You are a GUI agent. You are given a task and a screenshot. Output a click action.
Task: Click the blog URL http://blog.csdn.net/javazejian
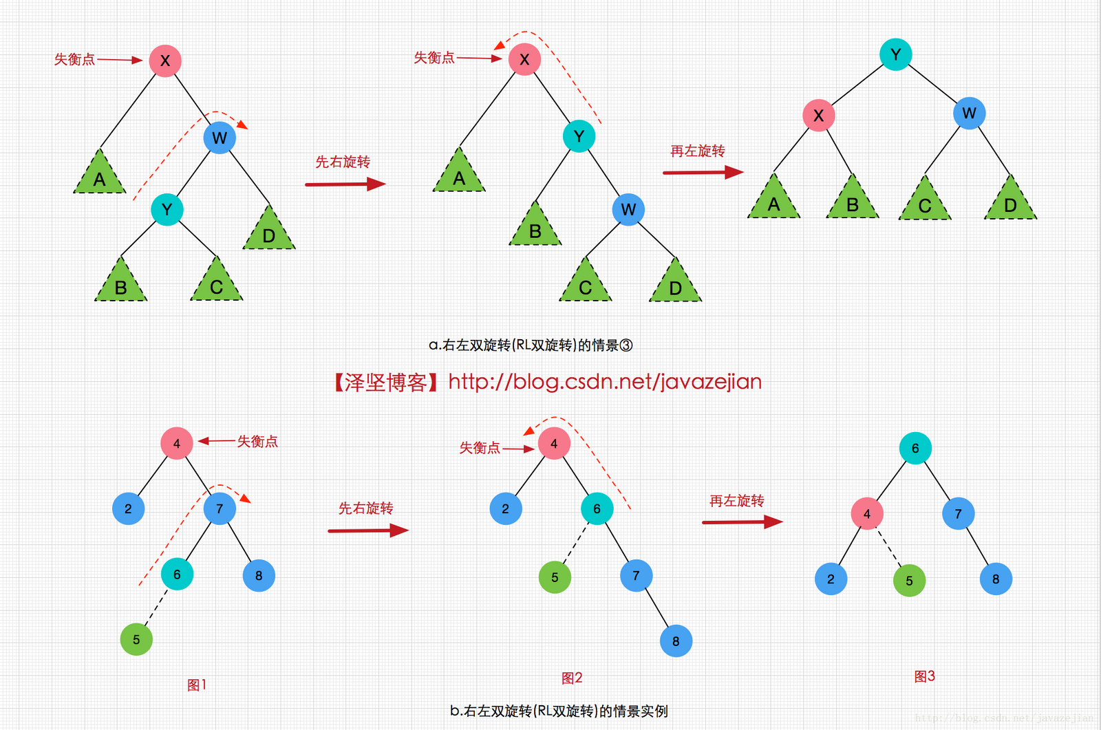605,382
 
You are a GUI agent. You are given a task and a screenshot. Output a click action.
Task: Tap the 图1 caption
197,685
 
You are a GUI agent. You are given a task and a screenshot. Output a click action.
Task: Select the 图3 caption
924,676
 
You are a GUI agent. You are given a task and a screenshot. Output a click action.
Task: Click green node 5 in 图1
136,640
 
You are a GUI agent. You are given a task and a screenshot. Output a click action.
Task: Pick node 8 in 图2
676,641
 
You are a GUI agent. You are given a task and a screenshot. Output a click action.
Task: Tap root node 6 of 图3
915,449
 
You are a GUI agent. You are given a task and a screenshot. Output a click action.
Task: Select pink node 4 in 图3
867,514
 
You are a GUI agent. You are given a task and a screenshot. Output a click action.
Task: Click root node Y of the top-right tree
895,54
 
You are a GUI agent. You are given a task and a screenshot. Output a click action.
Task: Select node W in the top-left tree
220,138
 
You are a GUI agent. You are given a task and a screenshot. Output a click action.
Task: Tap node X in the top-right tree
818,115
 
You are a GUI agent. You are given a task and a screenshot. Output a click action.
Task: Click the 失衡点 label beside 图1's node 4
257,442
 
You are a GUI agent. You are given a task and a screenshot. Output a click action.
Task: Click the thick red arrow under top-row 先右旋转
345,184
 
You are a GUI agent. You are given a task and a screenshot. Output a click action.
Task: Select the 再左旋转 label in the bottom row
737,501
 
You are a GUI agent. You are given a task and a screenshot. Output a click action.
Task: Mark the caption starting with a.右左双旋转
531,345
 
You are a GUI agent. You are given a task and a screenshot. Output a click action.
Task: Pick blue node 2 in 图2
506,509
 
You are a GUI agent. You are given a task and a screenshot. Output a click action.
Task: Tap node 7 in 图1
220,509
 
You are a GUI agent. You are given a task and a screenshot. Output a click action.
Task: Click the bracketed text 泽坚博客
386,383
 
